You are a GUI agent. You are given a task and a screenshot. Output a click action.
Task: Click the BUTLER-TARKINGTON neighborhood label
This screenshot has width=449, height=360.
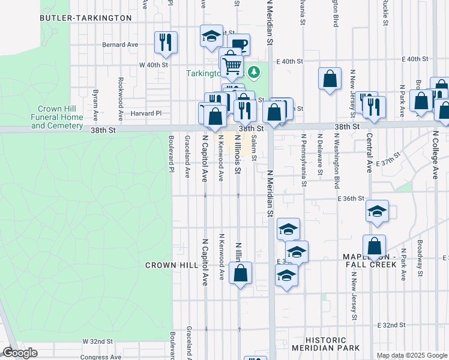coord(85,18)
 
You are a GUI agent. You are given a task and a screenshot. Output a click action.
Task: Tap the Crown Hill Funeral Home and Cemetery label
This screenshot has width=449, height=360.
coord(57,117)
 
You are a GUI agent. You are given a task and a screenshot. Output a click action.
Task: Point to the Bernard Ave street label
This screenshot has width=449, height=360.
coord(120,44)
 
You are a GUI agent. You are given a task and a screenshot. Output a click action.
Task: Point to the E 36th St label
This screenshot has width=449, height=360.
coord(351,198)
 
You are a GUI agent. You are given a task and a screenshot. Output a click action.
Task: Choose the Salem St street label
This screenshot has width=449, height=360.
coord(254,148)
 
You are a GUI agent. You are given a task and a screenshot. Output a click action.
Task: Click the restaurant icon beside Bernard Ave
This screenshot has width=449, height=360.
coord(166,42)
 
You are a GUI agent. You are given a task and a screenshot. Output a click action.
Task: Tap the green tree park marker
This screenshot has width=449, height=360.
coord(255,73)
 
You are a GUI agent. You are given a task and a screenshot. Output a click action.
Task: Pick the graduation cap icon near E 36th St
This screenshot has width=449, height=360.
coord(377,211)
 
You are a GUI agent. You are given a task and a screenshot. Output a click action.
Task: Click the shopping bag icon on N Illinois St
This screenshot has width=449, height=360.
coord(240,273)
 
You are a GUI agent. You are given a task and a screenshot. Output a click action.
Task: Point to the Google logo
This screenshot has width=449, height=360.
coord(20,353)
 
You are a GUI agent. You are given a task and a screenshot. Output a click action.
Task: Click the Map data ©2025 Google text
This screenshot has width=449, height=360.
coord(411,355)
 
